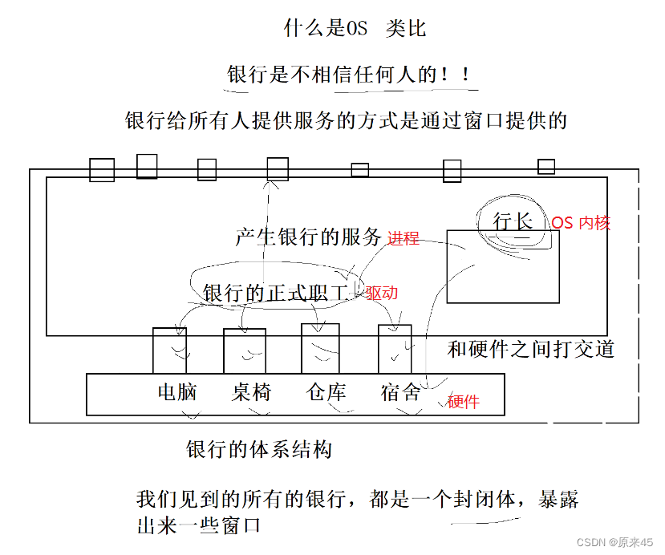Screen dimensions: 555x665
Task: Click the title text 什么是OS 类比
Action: pyautogui.click(x=355, y=30)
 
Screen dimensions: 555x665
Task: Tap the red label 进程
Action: pyautogui.click(x=403, y=238)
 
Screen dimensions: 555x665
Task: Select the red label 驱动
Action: pyautogui.click(x=382, y=293)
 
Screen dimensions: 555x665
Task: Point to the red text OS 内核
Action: pyautogui.click(x=581, y=223)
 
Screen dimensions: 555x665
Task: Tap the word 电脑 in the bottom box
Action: pyautogui.click(x=177, y=392)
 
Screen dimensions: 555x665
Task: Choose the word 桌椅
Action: pyautogui.click(x=252, y=392)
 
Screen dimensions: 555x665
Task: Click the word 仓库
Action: pyautogui.click(x=326, y=392)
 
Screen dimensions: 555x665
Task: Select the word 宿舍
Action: pyautogui.click(x=400, y=392)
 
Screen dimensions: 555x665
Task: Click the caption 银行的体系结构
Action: pyautogui.click(x=258, y=449)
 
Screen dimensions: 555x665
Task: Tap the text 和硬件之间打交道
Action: pyautogui.click(x=530, y=349)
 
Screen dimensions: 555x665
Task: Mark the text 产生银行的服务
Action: pyautogui.click(x=308, y=237)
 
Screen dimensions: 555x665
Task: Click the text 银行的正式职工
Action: pyautogui.click(x=277, y=294)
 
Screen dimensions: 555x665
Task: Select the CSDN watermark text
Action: pyautogui.click(x=615, y=543)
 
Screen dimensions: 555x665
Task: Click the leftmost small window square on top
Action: pyautogui.click(x=102, y=170)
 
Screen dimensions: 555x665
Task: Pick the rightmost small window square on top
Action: pyautogui.click(x=546, y=166)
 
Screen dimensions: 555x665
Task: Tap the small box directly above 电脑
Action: pyautogui.click(x=169, y=350)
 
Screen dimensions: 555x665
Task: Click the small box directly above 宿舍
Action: pyautogui.click(x=395, y=348)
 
